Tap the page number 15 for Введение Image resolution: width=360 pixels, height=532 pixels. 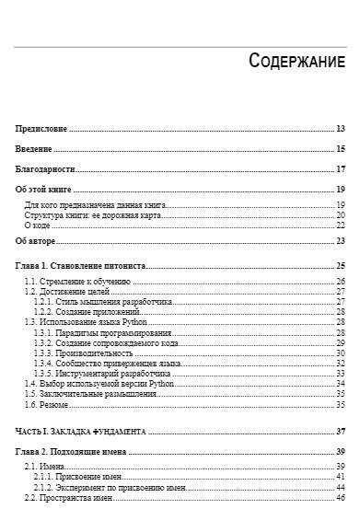340,148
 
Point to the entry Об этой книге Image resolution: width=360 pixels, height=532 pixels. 44,190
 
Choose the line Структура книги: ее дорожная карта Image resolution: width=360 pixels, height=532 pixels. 93,214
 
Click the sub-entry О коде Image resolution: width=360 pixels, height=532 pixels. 37,225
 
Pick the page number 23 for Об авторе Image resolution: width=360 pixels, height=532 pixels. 340,241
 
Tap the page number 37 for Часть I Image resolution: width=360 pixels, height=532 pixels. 340,431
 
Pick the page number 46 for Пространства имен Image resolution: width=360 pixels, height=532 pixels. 340,497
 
